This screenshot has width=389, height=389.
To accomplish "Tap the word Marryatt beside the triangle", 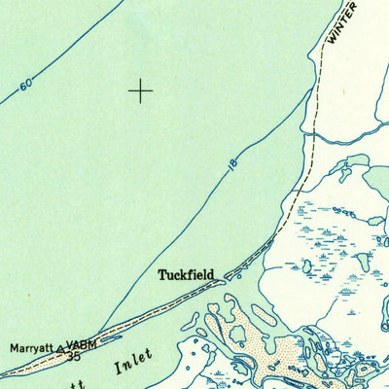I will (x=32, y=346).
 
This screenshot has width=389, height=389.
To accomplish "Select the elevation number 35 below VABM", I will (x=74, y=357).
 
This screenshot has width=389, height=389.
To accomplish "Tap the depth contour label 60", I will (x=25, y=86).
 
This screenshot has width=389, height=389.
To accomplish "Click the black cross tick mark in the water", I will (x=140, y=91).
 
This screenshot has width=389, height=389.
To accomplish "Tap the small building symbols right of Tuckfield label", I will (x=230, y=275).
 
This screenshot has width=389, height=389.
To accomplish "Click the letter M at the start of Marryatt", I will (x=15, y=346).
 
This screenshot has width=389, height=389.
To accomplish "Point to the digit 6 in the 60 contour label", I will (x=22, y=88).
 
